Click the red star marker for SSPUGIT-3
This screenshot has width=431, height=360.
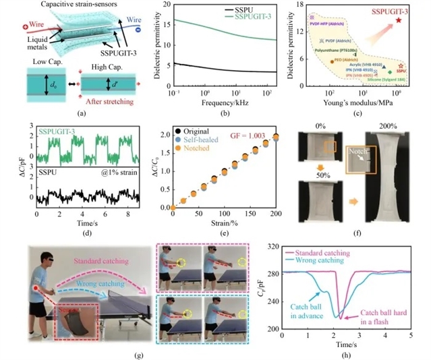pos(399,20)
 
